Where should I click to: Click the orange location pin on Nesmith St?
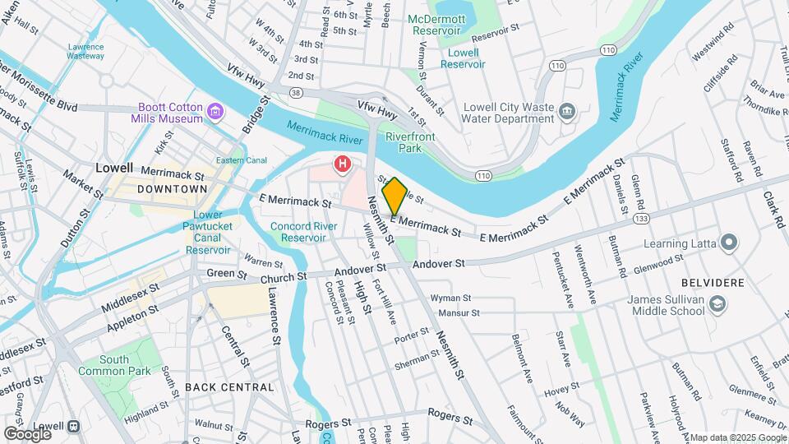tap(394, 196)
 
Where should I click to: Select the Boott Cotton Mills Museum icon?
tap(215, 111)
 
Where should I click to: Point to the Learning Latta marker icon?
tap(727, 242)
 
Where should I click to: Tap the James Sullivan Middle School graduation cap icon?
tap(717, 305)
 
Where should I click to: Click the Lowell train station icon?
tap(73, 427)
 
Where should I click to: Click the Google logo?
tap(27, 432)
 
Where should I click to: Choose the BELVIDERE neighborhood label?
tap(712, 282)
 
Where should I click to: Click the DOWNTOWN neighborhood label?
tap(172, 189)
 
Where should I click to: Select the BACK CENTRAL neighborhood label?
tap(229, 386)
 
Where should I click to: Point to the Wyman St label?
tap(450, 298)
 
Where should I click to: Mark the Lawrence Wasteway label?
tap(85, 52)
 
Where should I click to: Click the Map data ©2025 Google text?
tap(736, 437)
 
